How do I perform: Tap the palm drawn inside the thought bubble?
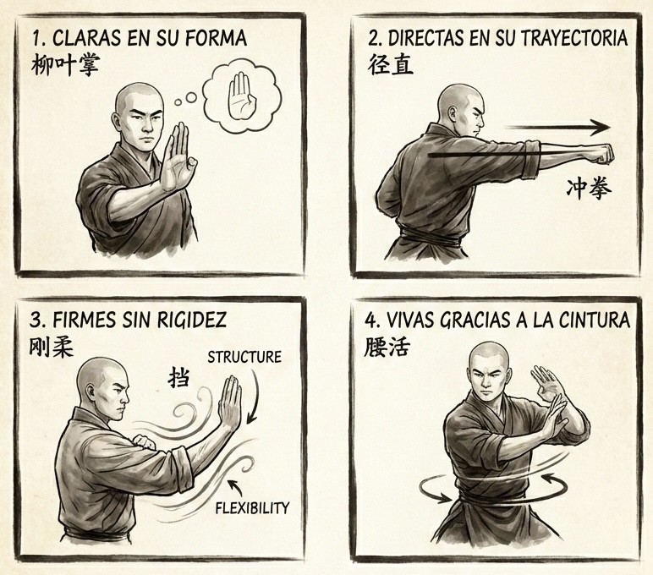(242, 96)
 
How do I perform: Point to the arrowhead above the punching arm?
(601, 128)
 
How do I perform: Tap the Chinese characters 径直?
(391, 65)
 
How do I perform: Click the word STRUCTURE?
(244, 357)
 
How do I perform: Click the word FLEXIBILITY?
(252, 508)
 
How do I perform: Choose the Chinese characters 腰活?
(391, 347)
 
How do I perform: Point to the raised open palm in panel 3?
(230, 404)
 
